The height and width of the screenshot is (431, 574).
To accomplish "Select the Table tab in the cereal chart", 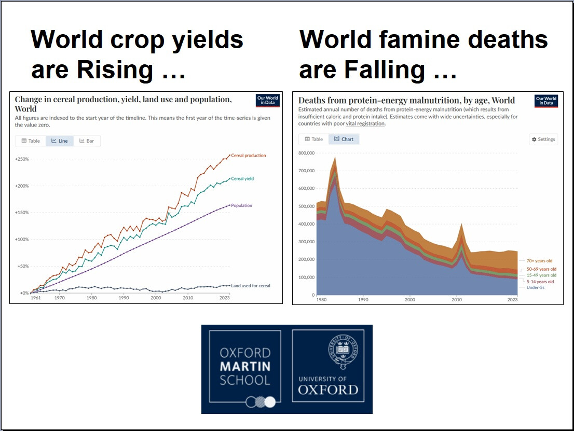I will coord(31,141).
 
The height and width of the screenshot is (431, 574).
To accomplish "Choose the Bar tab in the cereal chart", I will coord(87,141).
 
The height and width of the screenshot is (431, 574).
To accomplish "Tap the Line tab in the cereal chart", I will coord(59,141).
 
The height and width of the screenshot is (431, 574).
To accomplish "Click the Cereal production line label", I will coord(248,156).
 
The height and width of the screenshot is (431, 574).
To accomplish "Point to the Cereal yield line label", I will coord(242,179).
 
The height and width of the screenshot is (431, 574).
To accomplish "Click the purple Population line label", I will coord(241,206).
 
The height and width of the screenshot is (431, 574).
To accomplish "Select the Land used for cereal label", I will coord(251,286).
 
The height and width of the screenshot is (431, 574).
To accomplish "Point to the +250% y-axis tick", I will coord(22,159).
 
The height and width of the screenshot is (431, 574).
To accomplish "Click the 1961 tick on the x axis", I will coord(35,298).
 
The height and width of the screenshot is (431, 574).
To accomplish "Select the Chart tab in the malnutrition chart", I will coord(344,139).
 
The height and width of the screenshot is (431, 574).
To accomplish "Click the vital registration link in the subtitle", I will coord(365,123).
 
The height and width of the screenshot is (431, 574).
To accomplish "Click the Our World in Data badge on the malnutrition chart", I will coord(545,101).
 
